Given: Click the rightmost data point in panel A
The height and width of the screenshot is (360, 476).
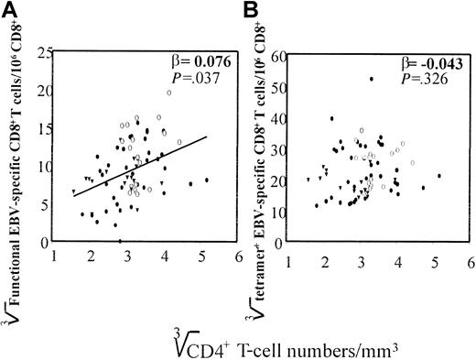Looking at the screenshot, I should coord(207,180).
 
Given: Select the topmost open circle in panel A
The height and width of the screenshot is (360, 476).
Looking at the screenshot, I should coord(169,93).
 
